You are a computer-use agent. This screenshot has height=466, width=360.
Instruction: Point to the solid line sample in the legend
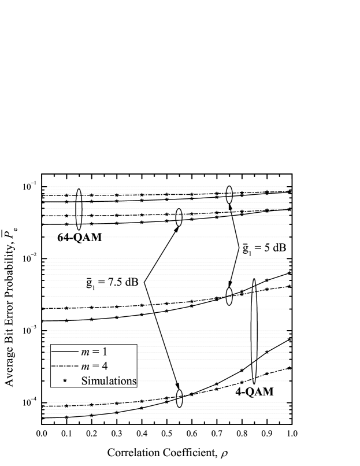tap(64, 352)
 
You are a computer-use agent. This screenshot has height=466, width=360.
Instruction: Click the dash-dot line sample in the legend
tap(64, 367)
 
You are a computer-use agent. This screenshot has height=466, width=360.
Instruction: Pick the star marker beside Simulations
tap(64, 381)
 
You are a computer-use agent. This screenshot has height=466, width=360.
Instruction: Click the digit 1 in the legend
tap(104, 352)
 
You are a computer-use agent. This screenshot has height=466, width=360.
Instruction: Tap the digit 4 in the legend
tap(104, 366)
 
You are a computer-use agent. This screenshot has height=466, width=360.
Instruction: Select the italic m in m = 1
tap(84, 352)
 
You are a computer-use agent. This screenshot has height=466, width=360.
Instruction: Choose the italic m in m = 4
tap(84, 367)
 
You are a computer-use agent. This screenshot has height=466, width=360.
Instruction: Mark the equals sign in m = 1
tap(95, 352)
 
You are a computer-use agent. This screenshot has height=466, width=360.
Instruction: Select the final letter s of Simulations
tap(133, 382)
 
